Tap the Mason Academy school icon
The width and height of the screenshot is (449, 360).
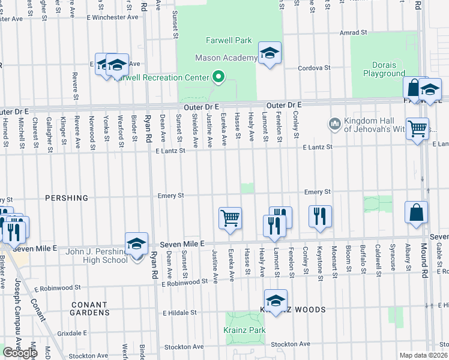click(270, 53)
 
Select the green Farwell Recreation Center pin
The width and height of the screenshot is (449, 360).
click(218, 77)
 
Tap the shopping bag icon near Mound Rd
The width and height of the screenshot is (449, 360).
click(416, 212)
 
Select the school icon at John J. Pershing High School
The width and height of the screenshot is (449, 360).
click(137, 243)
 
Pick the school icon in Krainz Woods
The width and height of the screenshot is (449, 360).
click(276, 300)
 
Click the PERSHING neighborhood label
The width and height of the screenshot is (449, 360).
click(66, 198)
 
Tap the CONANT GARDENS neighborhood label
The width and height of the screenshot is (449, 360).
click(89, 308)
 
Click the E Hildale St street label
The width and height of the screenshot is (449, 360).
click(179, 313)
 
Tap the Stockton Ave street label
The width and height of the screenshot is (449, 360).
click(290, 344)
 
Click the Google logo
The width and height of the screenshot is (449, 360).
click(20, 352)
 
